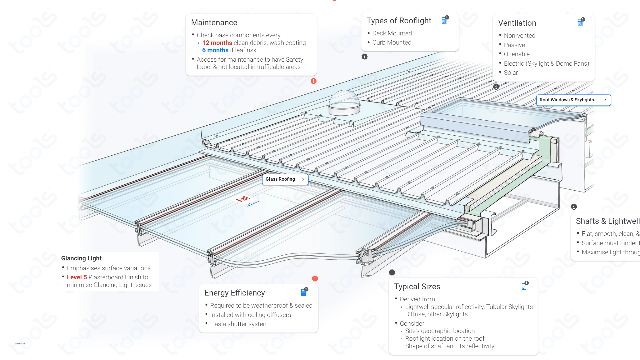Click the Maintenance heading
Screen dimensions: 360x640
[214, 23]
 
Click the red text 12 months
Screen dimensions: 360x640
[217, 43]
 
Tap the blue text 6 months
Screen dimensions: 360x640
[215, 50]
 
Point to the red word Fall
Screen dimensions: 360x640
[243, 199]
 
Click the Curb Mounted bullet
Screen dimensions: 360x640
[392, 43]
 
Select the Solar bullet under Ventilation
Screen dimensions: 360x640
[511, 73]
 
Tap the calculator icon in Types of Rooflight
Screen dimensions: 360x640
[444, 21]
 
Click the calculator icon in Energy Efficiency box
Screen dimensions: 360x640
[303, 293]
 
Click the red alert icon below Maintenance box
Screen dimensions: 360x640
[313, 81]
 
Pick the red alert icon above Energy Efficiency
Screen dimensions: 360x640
[315, 279]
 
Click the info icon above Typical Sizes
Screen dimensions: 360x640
[392, 272]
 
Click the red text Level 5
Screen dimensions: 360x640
[77, 277]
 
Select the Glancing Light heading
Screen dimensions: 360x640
[81, 258]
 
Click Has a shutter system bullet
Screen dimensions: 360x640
[239, 324]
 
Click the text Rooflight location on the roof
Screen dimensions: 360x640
[445, 339]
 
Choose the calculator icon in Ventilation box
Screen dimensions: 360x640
[580, 23]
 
